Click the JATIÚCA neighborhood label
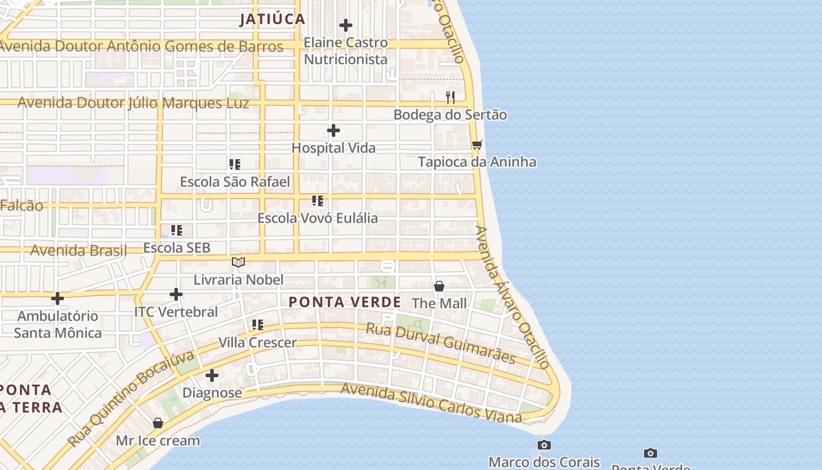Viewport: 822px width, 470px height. (x=272, y=19)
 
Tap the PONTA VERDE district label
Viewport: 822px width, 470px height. (x=345, y=302)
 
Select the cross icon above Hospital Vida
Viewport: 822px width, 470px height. (x=333, y=130)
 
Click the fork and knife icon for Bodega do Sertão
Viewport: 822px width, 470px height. (x=450, y=97)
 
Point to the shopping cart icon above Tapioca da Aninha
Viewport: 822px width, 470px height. (x=477, y=145)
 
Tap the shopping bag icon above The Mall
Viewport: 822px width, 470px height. (x=439, y=286)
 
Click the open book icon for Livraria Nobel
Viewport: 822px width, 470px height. (x=238, y=262)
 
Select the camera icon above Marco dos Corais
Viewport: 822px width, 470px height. (x=544, y=445)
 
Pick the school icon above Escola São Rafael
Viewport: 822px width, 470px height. (x=235, y=164)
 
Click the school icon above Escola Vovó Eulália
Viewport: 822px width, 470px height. (x=318, y=201)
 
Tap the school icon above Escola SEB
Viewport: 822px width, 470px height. (x=177, y=230)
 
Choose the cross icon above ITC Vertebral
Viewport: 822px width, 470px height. (x=176, y=294)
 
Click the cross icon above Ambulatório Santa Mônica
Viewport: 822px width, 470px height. (x=58, y=298)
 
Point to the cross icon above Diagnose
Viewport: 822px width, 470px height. (x=212, y=375)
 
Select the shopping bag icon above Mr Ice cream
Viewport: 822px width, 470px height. (x=158, y=423)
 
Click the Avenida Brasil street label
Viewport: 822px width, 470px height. (x=78, y=250)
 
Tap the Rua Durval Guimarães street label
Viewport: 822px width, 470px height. (x=441, y=343)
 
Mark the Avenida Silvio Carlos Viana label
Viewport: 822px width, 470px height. (x=431, y=403)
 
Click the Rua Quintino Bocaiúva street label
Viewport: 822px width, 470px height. (x=130, y=399)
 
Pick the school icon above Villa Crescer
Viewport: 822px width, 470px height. (x=257, y=325)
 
